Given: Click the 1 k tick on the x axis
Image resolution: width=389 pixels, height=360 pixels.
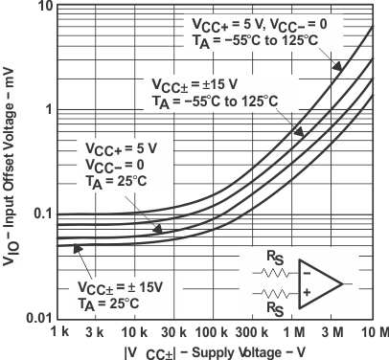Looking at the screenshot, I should click(58, 331).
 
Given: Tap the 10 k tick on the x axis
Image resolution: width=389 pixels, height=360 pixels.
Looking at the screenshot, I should click(135, 331).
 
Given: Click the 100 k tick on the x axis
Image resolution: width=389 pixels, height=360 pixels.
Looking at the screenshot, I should click(215, 331).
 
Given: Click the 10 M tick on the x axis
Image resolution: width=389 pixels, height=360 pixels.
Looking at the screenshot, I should click(374, 331).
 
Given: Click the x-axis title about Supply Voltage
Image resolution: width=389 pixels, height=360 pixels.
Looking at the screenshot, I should click(212, 350).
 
